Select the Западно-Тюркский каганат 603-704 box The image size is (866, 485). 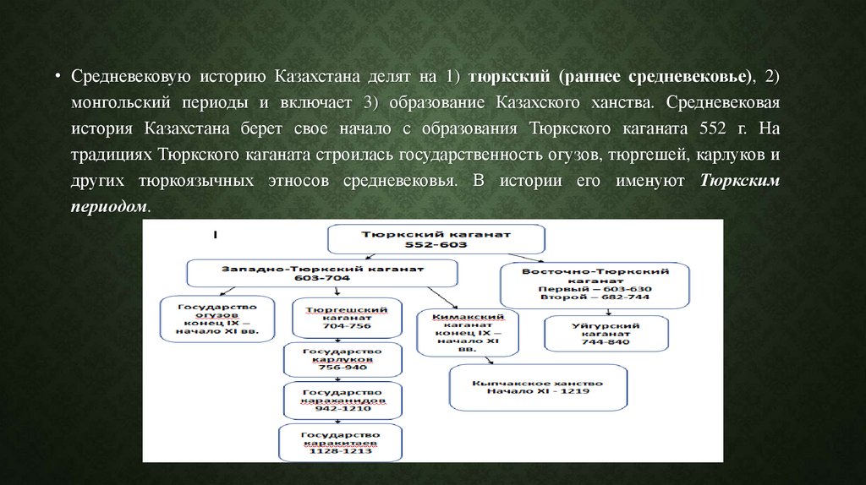(322, 272)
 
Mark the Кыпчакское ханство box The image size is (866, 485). (538, 386)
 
